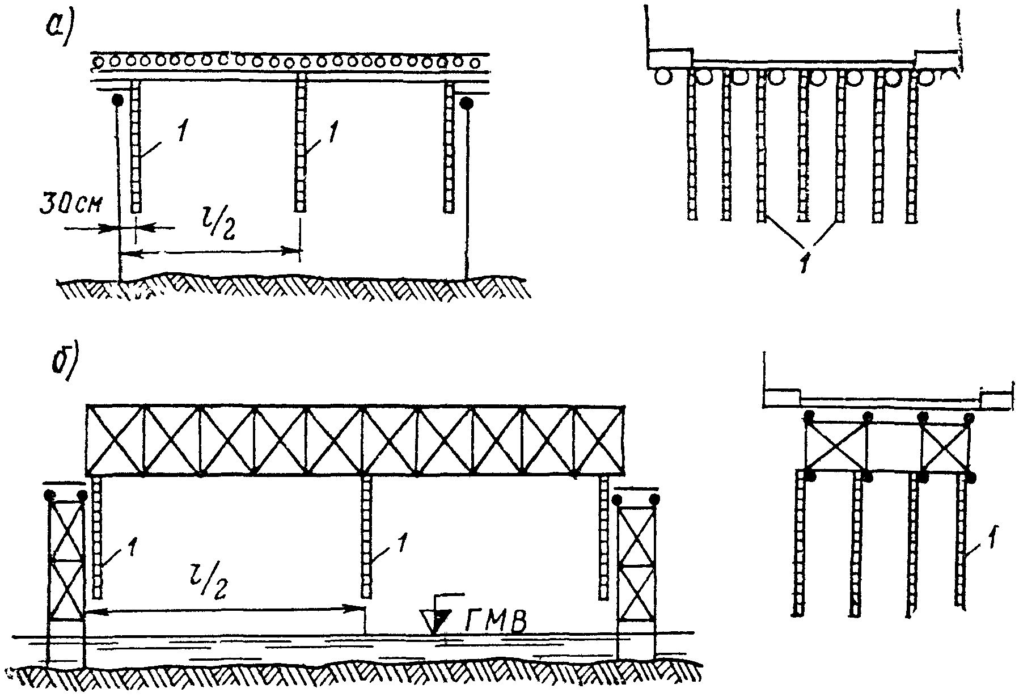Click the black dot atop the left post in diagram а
pos(117,100)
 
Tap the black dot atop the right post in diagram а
pos(467,103)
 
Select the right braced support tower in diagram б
pos(636,573)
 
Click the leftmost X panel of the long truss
pos(115,440)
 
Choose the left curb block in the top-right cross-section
pos(670,58)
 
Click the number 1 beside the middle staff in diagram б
pos(401,542)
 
